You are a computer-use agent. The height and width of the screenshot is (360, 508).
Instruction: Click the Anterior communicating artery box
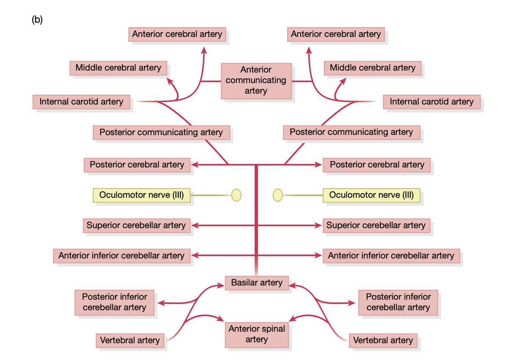256,81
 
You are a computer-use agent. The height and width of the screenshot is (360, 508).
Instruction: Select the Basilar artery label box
257,283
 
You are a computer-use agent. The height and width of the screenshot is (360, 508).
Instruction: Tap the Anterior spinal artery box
257,335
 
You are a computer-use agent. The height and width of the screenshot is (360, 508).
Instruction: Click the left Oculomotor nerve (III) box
141,195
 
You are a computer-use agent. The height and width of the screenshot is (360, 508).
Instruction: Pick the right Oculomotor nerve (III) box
372,195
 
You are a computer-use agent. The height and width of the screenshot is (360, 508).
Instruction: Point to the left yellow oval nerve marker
236,195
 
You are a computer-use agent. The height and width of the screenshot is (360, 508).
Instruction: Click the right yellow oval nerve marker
278,195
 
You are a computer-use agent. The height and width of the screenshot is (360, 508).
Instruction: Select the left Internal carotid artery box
81,102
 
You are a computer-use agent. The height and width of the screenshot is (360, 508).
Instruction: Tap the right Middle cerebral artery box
373,68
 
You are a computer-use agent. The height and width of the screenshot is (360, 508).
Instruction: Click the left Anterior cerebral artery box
177,34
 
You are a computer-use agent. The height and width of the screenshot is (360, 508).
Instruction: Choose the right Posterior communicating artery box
351,133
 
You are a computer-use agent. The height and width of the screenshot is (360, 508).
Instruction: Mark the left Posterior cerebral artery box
137,165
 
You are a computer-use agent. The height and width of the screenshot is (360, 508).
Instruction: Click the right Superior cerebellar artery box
376,225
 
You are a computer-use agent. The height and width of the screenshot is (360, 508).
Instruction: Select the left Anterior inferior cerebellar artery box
121,256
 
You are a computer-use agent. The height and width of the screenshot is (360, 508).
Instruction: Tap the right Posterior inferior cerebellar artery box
398,302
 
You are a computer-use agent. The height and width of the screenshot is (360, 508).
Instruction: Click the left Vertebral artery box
130,341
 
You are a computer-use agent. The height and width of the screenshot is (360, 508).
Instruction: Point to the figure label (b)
37,20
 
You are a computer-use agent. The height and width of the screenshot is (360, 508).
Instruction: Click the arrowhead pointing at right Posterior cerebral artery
318,165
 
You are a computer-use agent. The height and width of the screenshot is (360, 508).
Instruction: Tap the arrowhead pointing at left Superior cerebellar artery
195,225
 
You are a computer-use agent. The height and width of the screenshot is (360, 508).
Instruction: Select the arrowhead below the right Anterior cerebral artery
309,50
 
